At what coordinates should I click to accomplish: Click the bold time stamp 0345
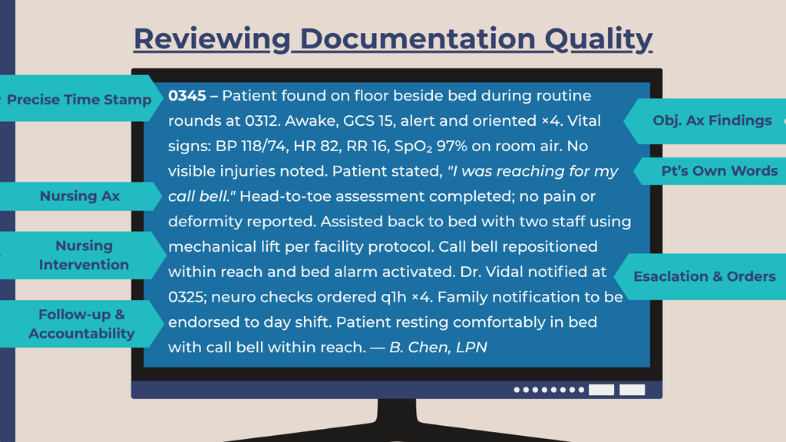point(187,96)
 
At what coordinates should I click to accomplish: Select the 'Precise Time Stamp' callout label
point(79,100)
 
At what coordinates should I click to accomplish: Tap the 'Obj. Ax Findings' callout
point(712,120)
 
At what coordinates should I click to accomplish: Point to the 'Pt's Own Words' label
point(719,171)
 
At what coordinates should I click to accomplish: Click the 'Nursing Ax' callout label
point(80,196)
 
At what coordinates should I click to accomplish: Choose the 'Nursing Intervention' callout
point(84,255)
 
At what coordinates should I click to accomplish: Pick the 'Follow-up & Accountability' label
point(81,324)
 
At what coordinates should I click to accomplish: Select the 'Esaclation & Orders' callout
point(705,276)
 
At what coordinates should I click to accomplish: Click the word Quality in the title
point(599,39)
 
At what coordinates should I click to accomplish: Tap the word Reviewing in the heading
point(212,39)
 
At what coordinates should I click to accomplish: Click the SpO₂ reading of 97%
point(451,147)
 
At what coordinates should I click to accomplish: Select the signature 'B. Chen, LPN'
point(438,348)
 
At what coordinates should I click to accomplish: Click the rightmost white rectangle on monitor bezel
point(632,390)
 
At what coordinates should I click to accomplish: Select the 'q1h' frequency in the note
point(394,297)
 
